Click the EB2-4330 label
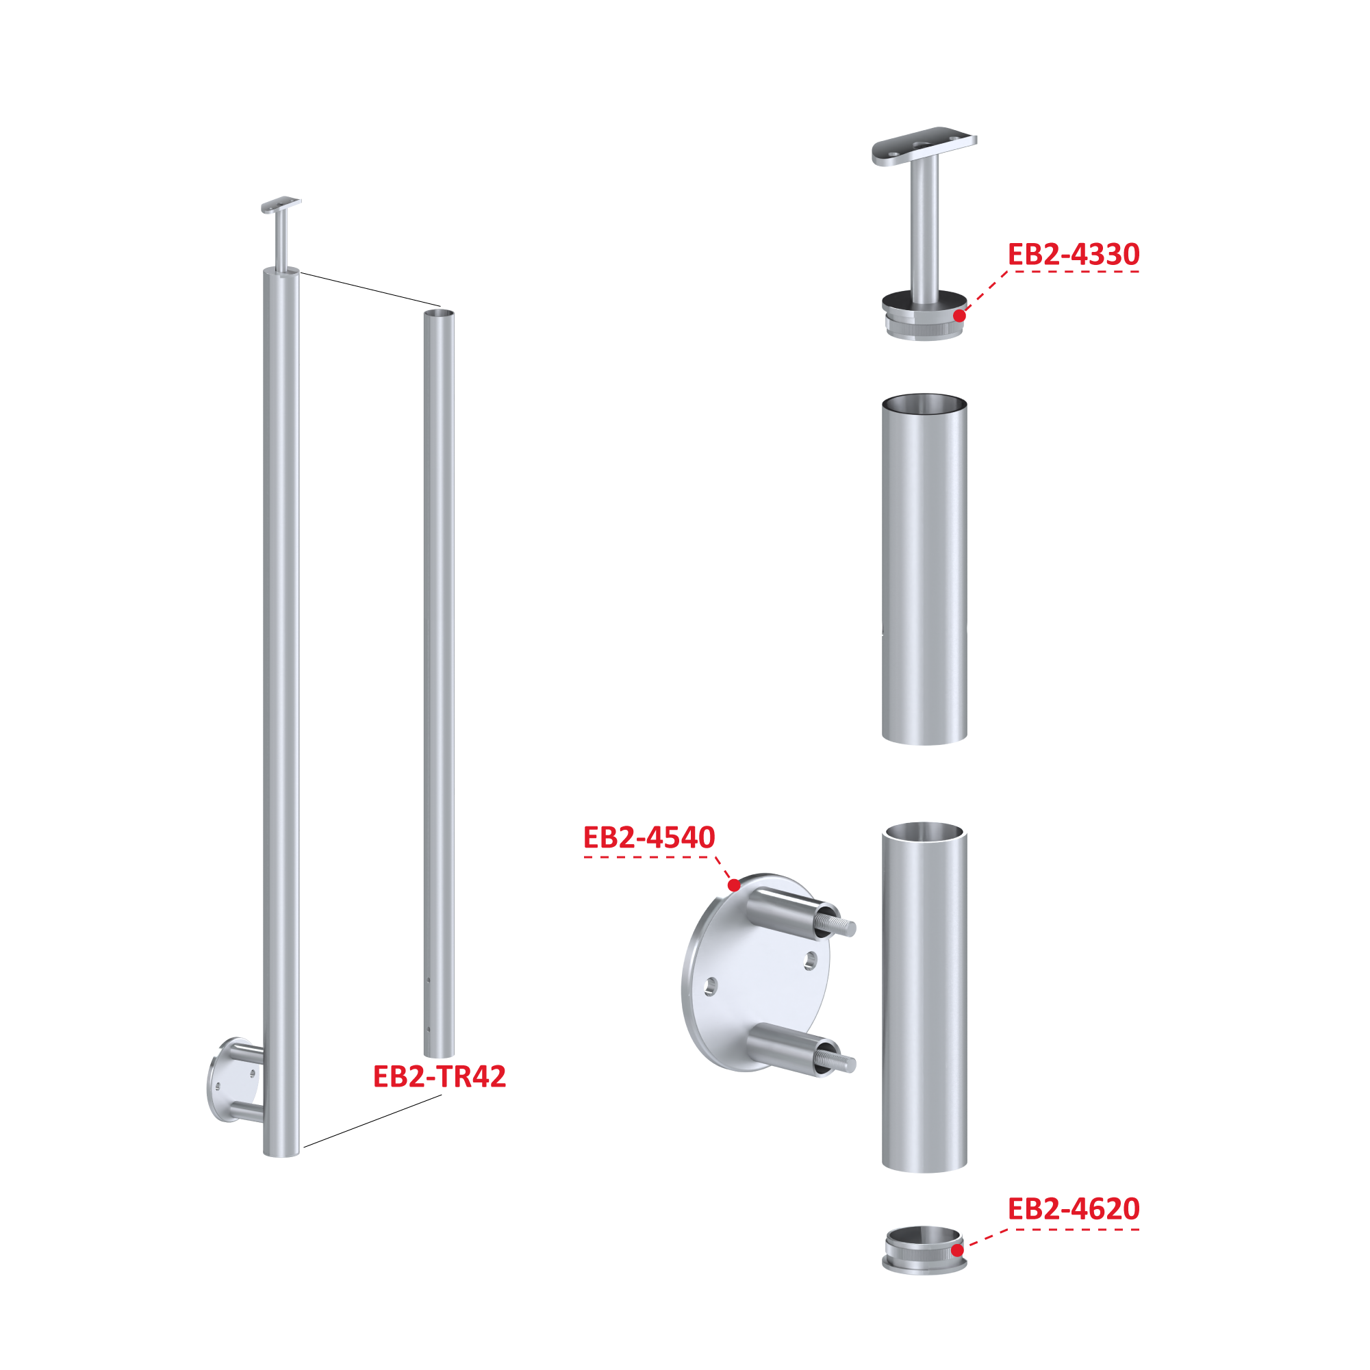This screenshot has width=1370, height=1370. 1073,255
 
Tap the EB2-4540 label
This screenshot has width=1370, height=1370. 649,838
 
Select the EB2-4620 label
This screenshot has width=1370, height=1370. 1073,1209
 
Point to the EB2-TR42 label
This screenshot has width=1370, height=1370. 440,1076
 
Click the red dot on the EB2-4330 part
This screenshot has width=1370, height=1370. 959,316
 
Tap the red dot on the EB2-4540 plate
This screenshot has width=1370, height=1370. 734,885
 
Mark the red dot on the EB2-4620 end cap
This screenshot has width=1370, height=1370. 957,1250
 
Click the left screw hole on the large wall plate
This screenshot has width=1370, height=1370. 710,987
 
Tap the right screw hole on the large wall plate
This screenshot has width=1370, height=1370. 811,961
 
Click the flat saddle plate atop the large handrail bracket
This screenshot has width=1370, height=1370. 924,145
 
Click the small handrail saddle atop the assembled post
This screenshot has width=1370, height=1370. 281,204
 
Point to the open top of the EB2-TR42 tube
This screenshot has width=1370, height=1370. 439,312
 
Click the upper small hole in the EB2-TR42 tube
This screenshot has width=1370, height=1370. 429,980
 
